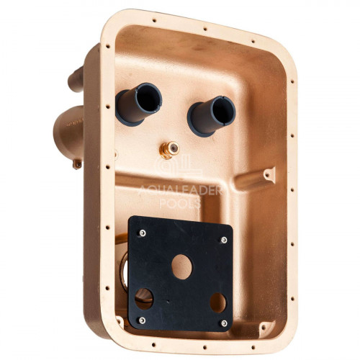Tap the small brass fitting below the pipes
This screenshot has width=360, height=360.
click(x=169, y=149)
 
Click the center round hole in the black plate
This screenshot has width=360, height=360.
click(x=181, y=267)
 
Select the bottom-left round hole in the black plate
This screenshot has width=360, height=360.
click(x=144, y=299)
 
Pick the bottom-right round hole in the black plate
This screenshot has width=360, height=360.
click(x=218, y=302)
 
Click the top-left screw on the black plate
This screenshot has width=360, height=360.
click(x=143, y=233)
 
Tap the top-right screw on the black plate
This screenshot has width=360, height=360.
click(x=224, y=240)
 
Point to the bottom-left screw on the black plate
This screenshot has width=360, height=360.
click(x=143, y=320)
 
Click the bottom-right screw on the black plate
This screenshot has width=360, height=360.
click(x=224, y=323)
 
